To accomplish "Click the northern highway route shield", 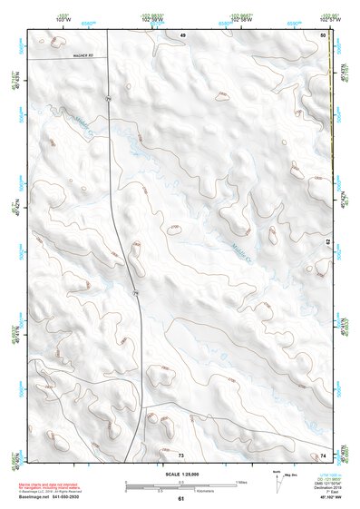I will [107, 97].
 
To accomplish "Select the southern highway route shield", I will [133, 295].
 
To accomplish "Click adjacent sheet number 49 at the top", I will [181, 34].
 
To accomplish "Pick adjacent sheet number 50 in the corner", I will [323, 34].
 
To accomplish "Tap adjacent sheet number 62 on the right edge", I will [328, 241].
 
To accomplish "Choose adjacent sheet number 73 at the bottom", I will [180, 453].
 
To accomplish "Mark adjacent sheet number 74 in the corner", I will [323, 454].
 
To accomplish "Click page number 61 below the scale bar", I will [180, 499].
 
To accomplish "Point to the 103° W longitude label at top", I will [63, 18].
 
